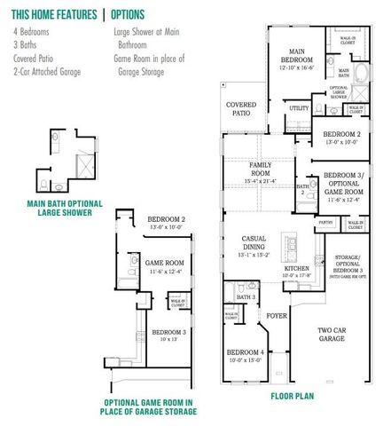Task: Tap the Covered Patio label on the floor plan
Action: (241, 108)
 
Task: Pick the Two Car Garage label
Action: (332, 334)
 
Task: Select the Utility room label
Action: (299, 107)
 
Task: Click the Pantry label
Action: (325, 223)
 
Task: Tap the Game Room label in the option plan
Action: (165, 264)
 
